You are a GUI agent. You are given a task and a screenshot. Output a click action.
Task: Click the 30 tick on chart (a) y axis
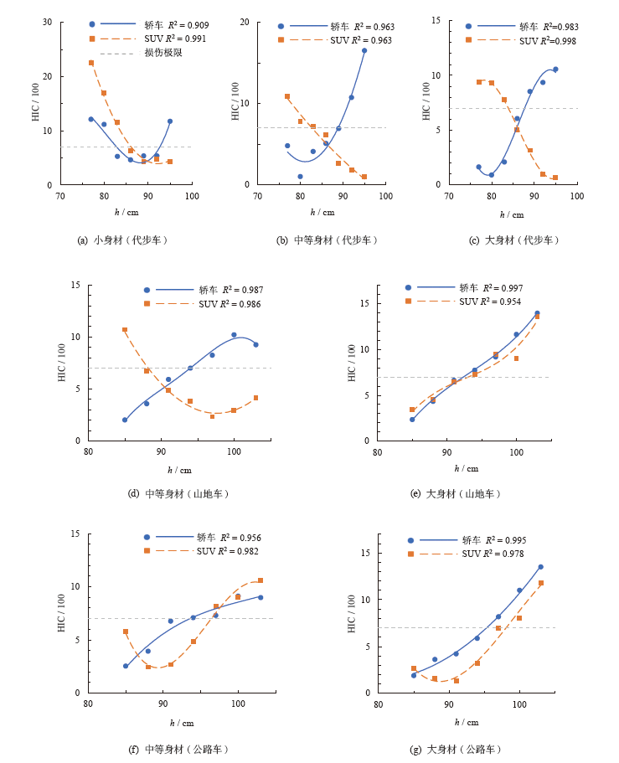click(x=48, y=23)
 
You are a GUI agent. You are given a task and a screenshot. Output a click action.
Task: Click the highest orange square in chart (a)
click(x=91, y=63)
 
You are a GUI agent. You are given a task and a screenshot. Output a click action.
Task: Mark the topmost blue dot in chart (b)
click(x=364, y=50)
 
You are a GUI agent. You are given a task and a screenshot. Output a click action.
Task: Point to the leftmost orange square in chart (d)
click(x=125, y=330)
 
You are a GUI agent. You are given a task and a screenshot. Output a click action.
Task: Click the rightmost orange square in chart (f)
click(x=260, y=580)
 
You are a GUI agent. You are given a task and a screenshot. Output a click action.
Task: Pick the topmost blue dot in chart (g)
click(x=540, y=567)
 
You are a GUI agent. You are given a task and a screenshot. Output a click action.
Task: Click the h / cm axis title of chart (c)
click(x=513, y=213)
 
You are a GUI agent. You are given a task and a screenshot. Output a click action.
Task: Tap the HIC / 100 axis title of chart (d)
click(x=61, y=363)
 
